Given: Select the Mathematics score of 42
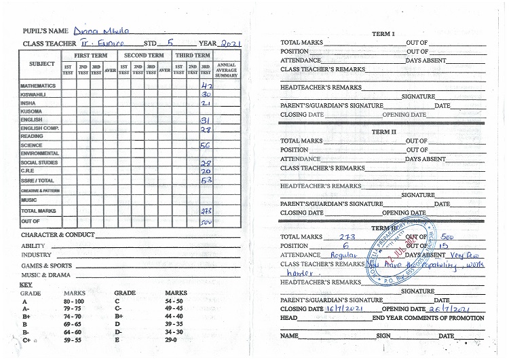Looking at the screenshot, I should [208, 87].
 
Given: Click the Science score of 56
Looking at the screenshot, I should [205, 145].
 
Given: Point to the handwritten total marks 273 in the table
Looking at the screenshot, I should [206, 211].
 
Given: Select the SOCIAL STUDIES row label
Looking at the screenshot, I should [39, 163].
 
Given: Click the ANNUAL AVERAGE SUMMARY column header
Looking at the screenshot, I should [226, 69].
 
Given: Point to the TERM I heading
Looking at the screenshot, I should [383, 33].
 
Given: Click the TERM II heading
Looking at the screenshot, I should [383, 132].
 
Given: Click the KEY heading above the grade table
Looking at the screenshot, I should [26, 285].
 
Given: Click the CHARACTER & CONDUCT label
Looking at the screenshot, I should [58, 235].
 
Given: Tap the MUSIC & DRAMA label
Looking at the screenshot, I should [45, 275].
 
